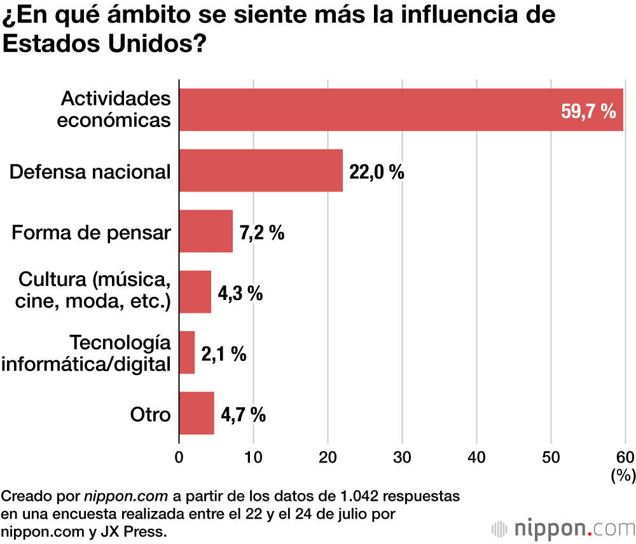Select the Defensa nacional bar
click(x=261, y=170)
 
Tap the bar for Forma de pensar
click(x=206, y=231)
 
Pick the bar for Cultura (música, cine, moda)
click(x=195, y=292)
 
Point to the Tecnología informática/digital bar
click(x=187, y=352)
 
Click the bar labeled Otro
click(x=197, y=413)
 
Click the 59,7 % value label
click(x=588, y=111)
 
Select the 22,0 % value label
click(x=377, y=172)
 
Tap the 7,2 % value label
click(x=262, y=233)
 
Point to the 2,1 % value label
click(x=224, y=354)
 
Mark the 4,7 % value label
click(x=243, y=415)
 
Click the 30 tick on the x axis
click(x=402, y=457)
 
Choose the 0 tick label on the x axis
click(x=179, y=457)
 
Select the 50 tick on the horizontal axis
click(x=551, y=457)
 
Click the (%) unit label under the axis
click(x=622, y=475)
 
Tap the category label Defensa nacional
click(x=90, y=171)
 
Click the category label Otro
click(x=151, y=414)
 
